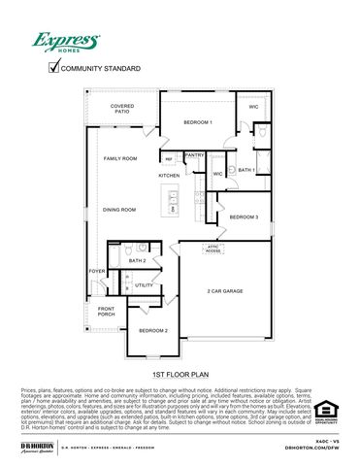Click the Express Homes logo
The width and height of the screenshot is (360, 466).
67,43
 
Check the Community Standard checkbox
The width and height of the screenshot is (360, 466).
54,68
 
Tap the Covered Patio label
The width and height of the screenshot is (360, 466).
122,109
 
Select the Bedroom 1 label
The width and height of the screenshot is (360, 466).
198,121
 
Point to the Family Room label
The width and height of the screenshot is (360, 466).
120,157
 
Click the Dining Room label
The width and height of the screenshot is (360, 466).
119,209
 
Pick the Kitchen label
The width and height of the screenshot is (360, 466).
169,176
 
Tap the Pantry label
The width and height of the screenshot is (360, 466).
194,154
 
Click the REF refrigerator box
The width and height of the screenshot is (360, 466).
168,158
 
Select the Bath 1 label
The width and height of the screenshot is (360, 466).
246,170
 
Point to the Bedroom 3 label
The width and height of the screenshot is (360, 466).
244,216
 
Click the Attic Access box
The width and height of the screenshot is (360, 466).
213,250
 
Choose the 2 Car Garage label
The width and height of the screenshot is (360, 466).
225,290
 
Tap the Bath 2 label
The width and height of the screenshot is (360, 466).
138,260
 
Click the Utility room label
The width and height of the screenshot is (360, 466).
144,285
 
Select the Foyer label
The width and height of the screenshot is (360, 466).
97,271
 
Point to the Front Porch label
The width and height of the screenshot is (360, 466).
106,312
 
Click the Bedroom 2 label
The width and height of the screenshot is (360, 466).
152,331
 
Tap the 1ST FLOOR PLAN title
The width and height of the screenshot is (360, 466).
180,374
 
